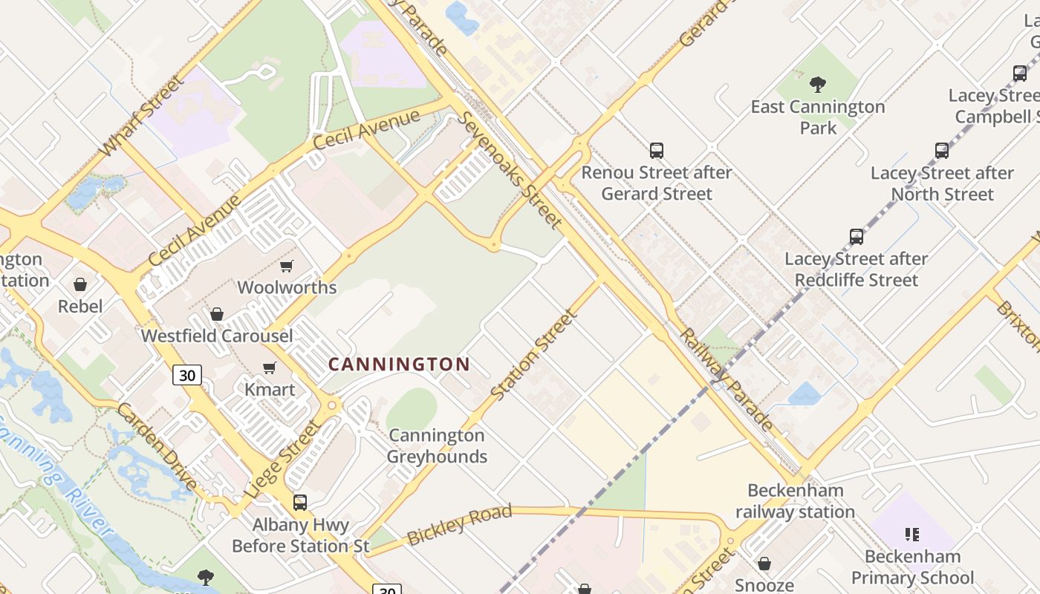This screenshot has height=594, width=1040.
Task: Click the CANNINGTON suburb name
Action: [x=399, y=364]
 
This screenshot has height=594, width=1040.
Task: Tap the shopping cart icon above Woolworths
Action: [x=286, y=266]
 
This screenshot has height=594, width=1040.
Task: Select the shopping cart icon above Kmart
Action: [x=270, y=368]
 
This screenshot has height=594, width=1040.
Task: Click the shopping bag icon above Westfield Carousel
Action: [x=217, y=314]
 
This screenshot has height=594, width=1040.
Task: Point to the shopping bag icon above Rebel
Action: [x=80, y=284]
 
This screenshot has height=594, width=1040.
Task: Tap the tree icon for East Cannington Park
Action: [x=818, y=85]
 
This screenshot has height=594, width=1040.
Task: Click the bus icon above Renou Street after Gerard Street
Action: [x=657, y=151]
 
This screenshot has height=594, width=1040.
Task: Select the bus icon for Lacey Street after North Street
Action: [x=942, y=151]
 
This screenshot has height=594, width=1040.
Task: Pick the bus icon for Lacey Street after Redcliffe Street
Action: [x=857, y=237]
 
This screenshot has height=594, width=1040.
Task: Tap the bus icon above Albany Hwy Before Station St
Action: [x=300, y=503]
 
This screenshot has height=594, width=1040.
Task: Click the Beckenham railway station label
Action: [x=795, y=501]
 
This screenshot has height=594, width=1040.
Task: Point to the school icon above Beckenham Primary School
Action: [x=912, y=534]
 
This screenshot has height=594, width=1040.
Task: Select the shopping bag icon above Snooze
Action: [x=764, y=564]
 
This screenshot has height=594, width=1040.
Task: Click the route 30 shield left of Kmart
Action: [x=187, y=375]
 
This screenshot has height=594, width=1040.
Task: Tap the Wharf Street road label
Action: [x=141, y=116]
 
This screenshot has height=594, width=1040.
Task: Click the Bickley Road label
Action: [x=460, y=524]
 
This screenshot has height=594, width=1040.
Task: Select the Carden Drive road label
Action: [x=157, y=447]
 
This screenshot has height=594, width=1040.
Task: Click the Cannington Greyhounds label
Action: [x=438, y=446]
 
